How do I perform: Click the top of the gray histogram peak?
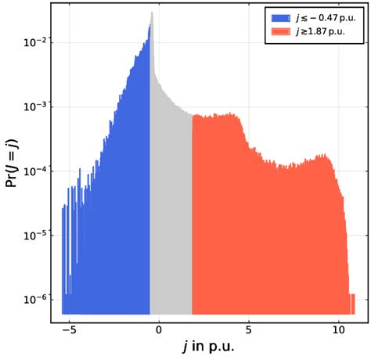click(152, 13)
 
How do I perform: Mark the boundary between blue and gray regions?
click(150, 196)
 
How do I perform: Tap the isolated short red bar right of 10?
click(353, 305)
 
